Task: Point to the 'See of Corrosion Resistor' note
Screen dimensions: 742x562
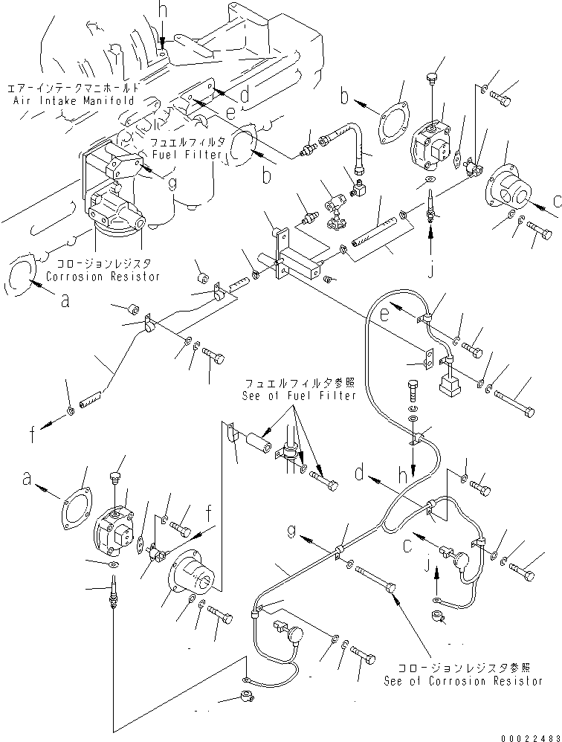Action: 463,680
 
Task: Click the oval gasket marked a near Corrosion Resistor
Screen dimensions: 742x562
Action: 19,274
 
